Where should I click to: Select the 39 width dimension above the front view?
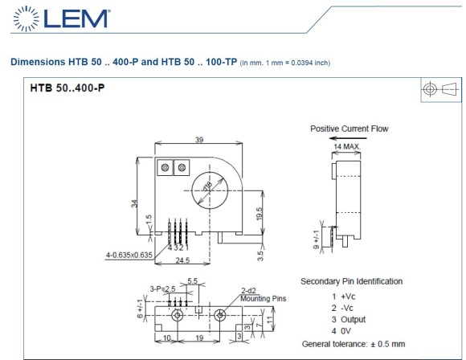pyautogui.click(x=198, y=140)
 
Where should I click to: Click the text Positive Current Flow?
pyautogui.click(x=349, y=129)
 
